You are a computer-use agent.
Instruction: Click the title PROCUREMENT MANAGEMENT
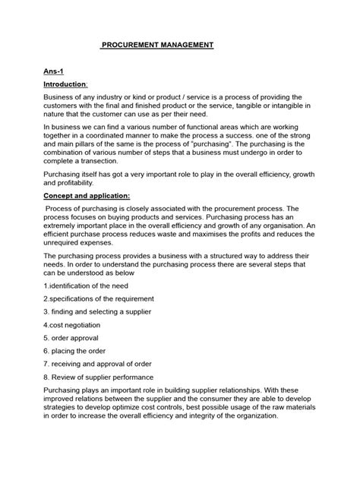tap(158, 45)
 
